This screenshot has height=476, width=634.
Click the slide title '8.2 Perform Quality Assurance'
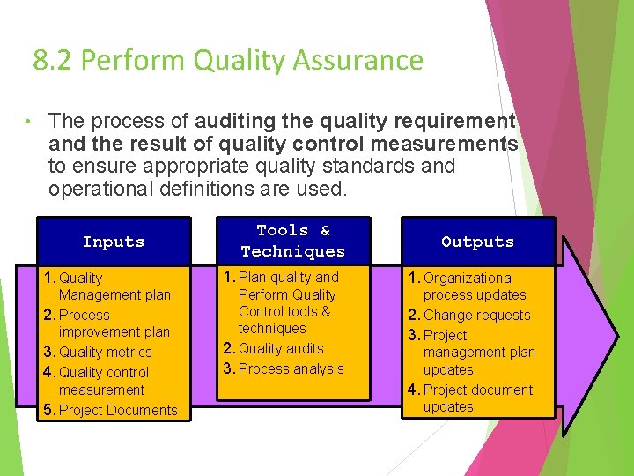(x=228, y=61)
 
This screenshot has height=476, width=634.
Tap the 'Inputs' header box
(x=114, y=242)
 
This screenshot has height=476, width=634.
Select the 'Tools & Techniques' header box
(x=292, y=241)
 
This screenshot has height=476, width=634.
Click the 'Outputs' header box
(x=477, y=242)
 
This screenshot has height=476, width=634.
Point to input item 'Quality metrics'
(x=105, y=353)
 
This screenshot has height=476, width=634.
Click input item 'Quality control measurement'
(x=103, y=381)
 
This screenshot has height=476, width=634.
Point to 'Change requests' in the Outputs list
(x=477, y=316)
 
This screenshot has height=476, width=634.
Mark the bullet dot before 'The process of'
(x=29, y=121)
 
